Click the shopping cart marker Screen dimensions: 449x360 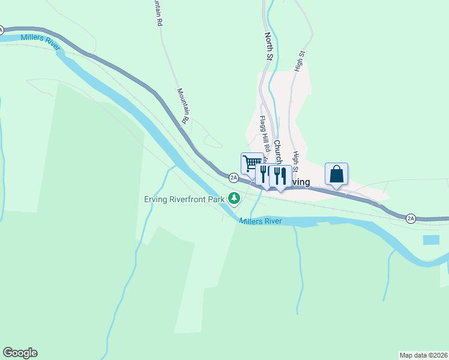[x=252, y=163]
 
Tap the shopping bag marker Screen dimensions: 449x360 [x=337, y=175]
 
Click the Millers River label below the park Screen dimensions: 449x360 [x=261, y=221]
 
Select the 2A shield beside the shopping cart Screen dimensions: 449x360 [x=234, y=178]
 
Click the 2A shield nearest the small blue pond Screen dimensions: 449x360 [x=411, y=218]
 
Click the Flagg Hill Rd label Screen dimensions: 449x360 [x=264, y=135]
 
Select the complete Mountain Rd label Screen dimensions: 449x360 [x=183, y=107]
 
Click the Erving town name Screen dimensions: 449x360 [x=298, y=182]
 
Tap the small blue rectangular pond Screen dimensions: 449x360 [x=430, y=240]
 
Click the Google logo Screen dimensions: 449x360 [x=20, y=353]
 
